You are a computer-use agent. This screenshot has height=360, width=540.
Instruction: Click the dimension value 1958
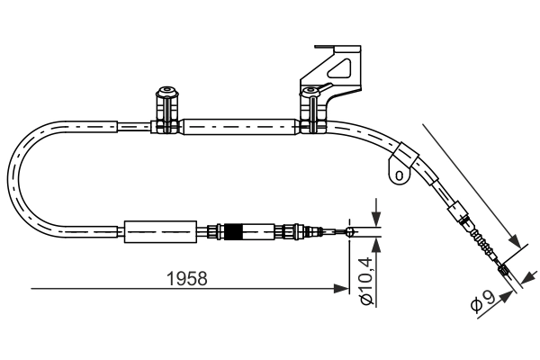tap(187, 278)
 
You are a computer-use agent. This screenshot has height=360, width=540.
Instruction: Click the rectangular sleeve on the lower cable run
tap(160, 232)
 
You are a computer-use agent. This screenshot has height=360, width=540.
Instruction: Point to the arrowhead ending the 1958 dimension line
tap(342, 289)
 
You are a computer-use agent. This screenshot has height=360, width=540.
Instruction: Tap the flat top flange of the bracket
tap(333, 44)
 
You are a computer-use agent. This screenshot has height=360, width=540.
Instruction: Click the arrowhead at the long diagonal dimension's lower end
tap(517, 240)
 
